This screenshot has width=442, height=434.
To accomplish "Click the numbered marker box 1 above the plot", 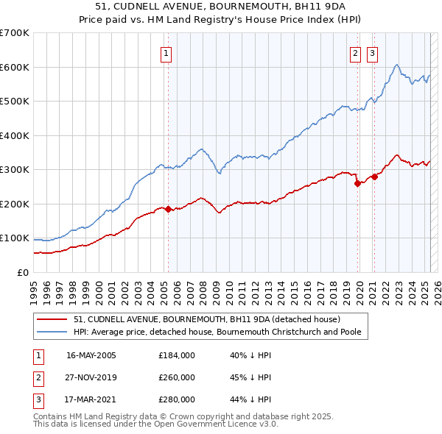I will [x=166, y=53].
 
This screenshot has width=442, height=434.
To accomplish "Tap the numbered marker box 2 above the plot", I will [x=355, y=53].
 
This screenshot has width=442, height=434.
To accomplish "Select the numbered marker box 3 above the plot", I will [x=372, y=53].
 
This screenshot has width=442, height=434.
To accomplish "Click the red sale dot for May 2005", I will [x=168, y=209].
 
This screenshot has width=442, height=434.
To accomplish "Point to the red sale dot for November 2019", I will [x=358, y=183].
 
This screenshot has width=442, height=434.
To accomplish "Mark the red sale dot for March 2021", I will [x=374, y=177].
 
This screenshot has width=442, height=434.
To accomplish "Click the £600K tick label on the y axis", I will [x=15, y=67].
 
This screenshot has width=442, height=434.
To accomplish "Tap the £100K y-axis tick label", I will [x=15, y=238].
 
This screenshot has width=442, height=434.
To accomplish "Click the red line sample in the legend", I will [x=52, y=320].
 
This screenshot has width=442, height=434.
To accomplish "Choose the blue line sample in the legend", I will [x=52, y=332].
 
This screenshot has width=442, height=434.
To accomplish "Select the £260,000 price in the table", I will [x=177, y=377].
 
